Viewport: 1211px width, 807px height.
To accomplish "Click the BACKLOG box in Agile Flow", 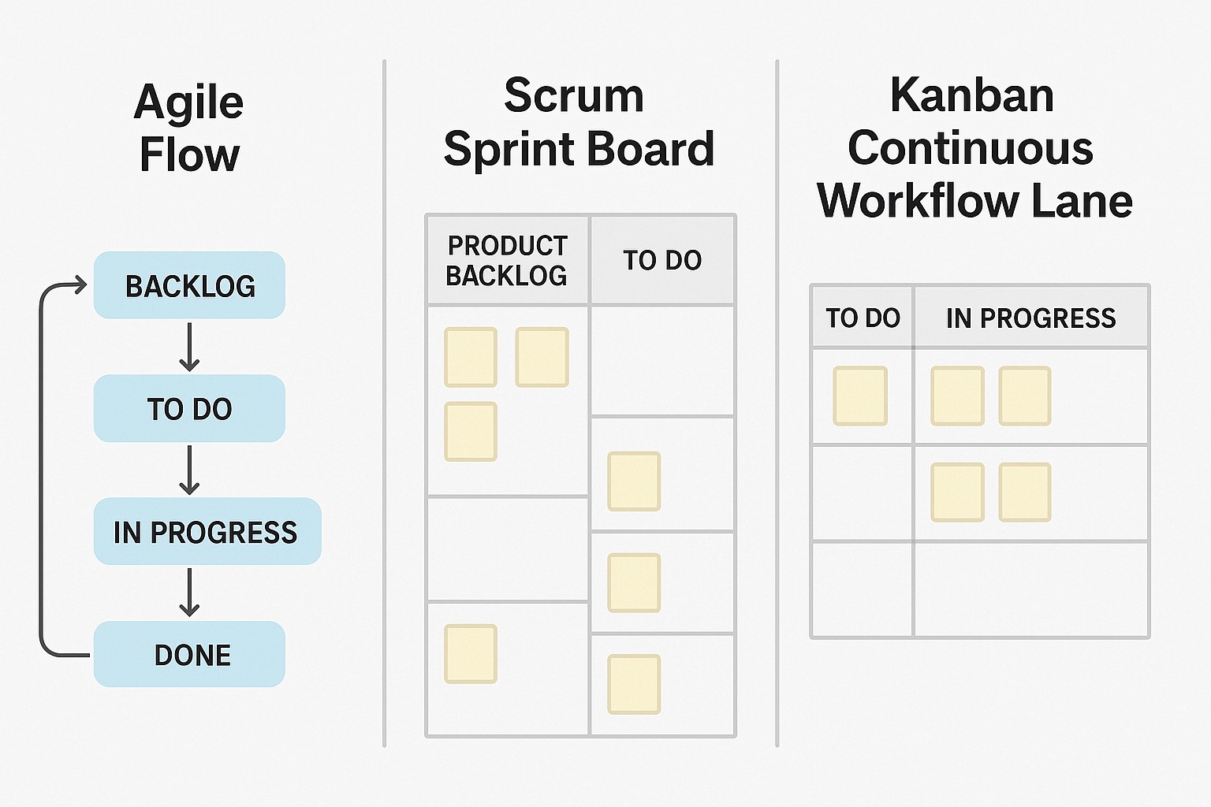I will (x=189, y=285).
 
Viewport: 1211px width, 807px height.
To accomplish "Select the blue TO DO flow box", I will (x=189, y=408).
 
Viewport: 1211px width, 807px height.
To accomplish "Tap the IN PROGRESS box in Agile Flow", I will (x=207, y=532).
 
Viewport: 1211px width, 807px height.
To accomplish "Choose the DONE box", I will (x=189, y=654).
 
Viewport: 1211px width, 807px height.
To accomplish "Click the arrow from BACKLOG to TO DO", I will (x=189, y=347).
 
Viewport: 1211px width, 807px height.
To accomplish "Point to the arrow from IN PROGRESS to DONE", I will (x=189, y=593).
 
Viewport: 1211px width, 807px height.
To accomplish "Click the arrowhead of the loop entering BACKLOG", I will (x=80, y=284).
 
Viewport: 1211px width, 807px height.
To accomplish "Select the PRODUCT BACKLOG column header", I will (x=507, y=260).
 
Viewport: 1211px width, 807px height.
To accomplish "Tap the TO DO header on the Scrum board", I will (x=662, y=260).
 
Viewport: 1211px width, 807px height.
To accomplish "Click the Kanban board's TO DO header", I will (x=863, y=318).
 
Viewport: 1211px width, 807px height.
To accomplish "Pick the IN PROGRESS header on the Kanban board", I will (x=1030, y=318).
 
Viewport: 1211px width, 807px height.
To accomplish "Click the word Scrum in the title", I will (x=574, y=96).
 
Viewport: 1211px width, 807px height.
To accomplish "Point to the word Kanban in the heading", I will (x=971, y=96).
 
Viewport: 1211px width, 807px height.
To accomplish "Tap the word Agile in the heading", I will (x=189, y=102).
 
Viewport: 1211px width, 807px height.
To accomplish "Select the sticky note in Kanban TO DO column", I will (x=860, y=396).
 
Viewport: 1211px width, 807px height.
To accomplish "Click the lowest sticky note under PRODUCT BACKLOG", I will (x=471, y=653).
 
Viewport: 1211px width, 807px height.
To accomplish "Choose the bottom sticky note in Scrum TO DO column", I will (x=634, y=684).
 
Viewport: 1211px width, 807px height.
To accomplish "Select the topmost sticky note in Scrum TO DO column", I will (x=634, y=481).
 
